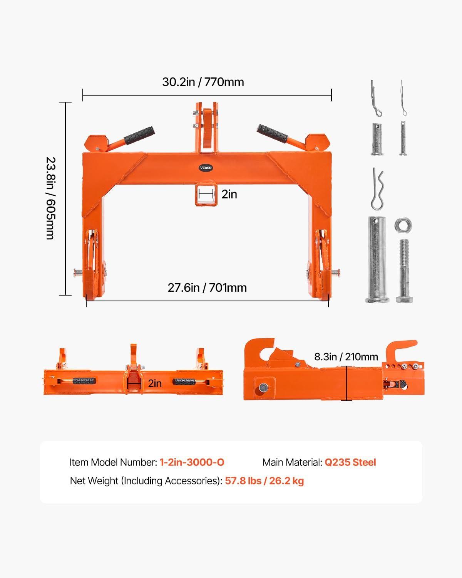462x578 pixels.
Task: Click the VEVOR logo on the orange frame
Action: point(206,168)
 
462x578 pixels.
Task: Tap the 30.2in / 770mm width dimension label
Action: point(203,82)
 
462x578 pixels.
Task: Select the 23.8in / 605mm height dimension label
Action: point(50,198)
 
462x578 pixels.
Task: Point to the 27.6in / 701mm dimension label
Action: point(207,288)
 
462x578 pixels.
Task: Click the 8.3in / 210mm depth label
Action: point(346,357)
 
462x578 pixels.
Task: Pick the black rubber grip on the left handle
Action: point(139,135)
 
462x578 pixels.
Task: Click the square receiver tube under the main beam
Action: point(206,194)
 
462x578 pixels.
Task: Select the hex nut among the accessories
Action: point(403,225)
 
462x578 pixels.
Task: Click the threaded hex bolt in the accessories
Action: point(404,271)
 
